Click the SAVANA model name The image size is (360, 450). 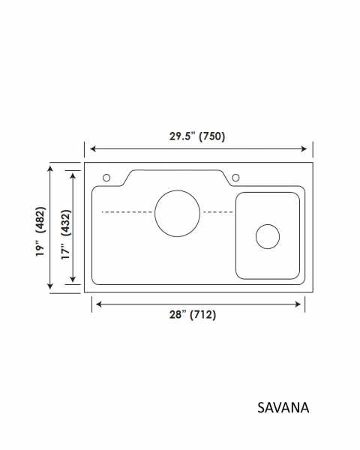click(283, 407)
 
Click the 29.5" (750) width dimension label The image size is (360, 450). click(197, 136)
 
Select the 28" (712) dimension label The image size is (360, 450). click(193, 314)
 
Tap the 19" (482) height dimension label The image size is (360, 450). click(40, 232)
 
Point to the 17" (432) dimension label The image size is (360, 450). click(66, 235)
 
